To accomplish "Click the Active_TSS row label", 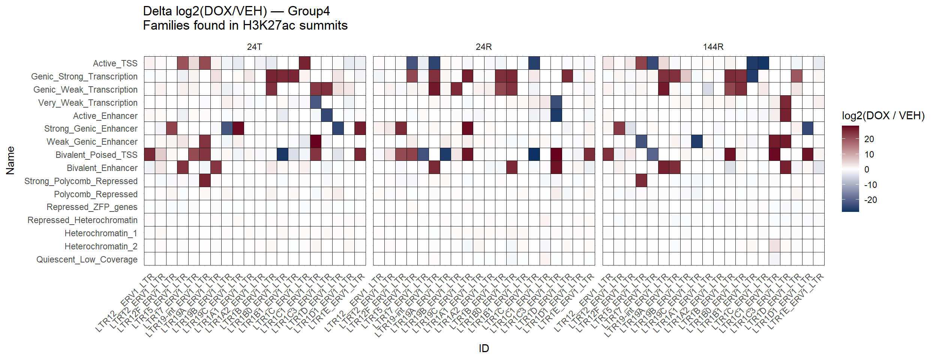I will (115, 63).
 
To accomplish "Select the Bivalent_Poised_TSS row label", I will (96, 155).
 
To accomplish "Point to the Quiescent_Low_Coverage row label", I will (87, 259).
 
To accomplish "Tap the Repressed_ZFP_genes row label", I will (92, 207).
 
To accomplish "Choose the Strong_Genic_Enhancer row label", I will (91, 129).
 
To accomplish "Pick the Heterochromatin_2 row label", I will (101, 246).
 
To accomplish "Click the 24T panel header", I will (254, 47).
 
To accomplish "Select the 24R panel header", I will (483, 47).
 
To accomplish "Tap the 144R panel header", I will (713, 47).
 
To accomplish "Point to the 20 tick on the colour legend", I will (869, 139).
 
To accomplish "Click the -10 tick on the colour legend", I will (870, 185).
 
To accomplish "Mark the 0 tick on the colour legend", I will (866, 169).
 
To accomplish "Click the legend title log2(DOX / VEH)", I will (883, 115).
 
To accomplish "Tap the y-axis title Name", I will (10, 160).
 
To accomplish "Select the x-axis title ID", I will (484, 348).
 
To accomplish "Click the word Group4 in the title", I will (309, 11).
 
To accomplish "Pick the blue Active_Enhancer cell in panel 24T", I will (327, 115).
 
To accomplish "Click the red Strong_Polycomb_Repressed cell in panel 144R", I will (641, 181).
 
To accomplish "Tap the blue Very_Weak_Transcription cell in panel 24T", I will (316, 102).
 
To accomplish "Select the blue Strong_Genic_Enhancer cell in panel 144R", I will (807, 129).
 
